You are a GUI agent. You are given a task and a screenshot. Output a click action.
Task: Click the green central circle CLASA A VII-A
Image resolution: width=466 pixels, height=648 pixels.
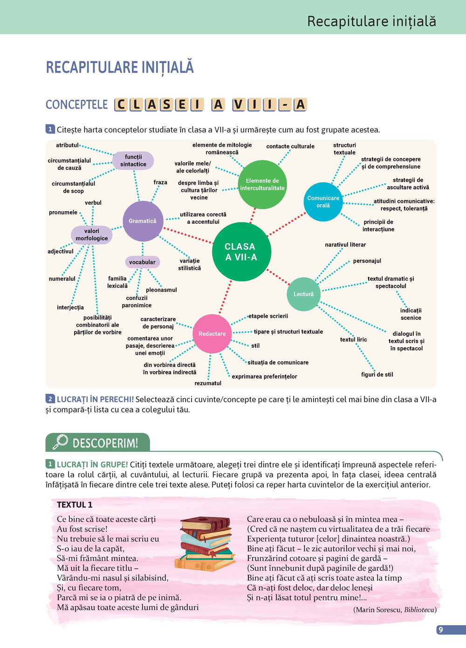tap(241, 252)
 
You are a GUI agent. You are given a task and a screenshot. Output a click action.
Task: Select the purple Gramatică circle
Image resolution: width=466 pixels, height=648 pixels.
tap(143, 221)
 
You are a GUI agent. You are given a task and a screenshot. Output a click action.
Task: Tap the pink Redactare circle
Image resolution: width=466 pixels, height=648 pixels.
tap(212, 334)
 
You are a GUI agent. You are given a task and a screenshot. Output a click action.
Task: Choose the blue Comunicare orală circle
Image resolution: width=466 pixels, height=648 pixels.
tap(323, 202)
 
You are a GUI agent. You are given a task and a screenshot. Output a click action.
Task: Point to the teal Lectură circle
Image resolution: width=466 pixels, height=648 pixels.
tap(303, 294)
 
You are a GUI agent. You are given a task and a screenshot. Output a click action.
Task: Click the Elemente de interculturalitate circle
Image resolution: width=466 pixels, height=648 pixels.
tap(262, 184)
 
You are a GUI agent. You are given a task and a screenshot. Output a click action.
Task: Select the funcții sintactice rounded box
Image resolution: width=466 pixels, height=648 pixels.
tap(133, 161)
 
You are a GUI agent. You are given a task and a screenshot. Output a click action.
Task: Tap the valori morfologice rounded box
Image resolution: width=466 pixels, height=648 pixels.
tap(92, 234)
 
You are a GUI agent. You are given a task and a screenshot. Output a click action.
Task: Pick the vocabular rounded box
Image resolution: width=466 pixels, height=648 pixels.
tap(142, 262)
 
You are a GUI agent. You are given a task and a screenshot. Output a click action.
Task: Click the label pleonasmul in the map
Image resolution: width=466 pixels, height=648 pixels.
tap(161, 290)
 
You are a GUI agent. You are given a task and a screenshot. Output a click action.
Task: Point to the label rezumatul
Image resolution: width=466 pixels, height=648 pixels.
tap(208, 383)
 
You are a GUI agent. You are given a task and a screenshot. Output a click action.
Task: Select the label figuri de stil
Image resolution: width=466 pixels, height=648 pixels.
tap(377, 374)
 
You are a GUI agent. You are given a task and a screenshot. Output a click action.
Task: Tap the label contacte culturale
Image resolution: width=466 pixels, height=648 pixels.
tap(290, 146)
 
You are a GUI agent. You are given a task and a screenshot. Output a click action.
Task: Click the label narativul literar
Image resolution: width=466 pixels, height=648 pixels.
tap(345, 245)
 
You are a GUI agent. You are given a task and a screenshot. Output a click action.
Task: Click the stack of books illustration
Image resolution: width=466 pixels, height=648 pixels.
tap(206, 544)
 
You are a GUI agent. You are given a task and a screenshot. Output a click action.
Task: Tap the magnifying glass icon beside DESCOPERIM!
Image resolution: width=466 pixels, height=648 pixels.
tap(61, 442)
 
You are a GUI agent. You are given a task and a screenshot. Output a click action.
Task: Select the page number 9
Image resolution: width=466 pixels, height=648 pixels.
tap(441, 630)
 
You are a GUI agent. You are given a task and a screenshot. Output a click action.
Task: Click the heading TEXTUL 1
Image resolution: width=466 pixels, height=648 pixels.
tap(75, 504)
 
